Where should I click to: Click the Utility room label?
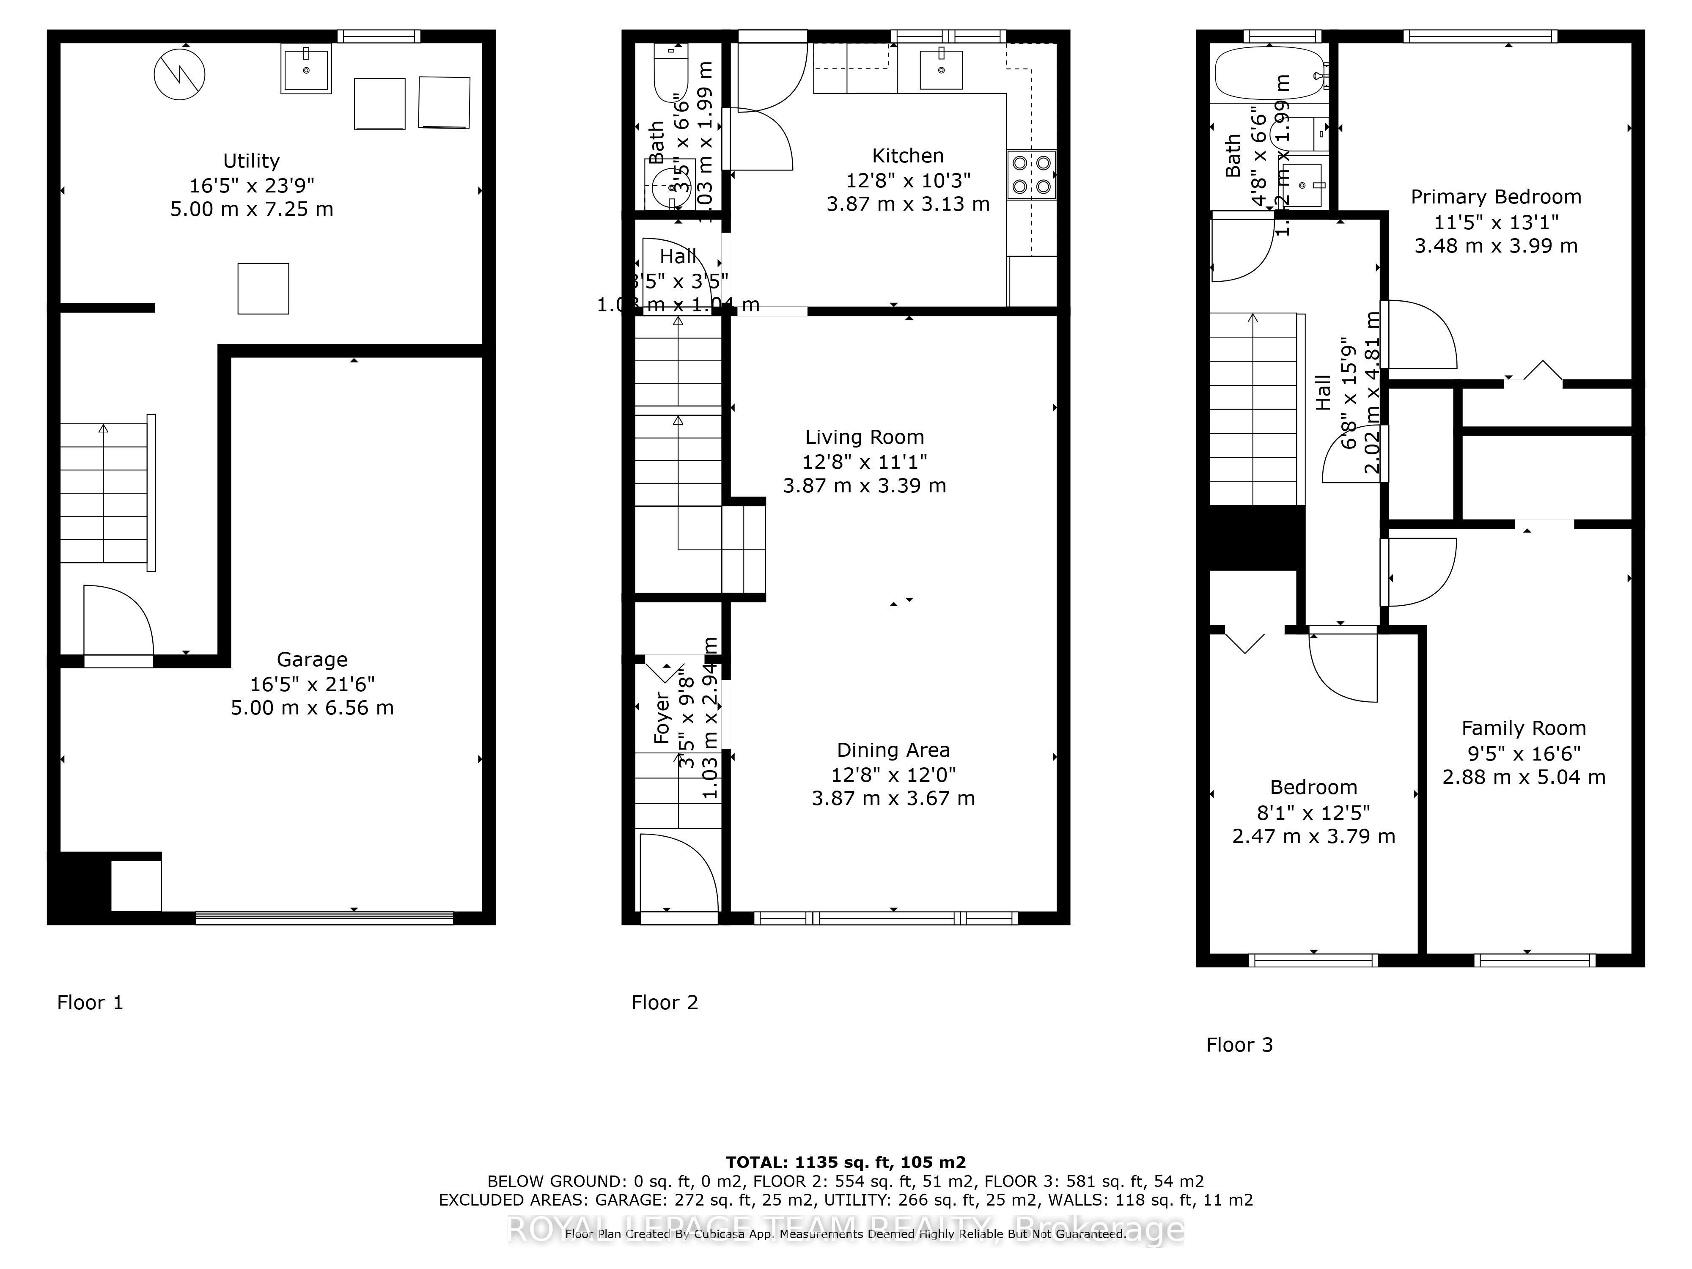pyautogui.click(x=251, y=161)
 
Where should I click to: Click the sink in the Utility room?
pyautogui.click(x=306, y=69)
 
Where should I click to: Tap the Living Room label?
pyautogui.click(x=864, y=437)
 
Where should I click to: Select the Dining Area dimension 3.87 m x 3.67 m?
pyautogui.click(x=893, y=799)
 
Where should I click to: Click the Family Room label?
pyautogui.click(x=1523, y=728)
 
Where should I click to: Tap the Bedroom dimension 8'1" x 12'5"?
pyautogui.click(x=1313, y=812)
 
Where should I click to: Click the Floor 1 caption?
pyautogui.click(x=90, y=1003)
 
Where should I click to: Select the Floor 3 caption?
pyautogui.click(x=1239, y=1045)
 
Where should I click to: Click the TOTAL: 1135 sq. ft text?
pyautogui.click(x=845, y=1163)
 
